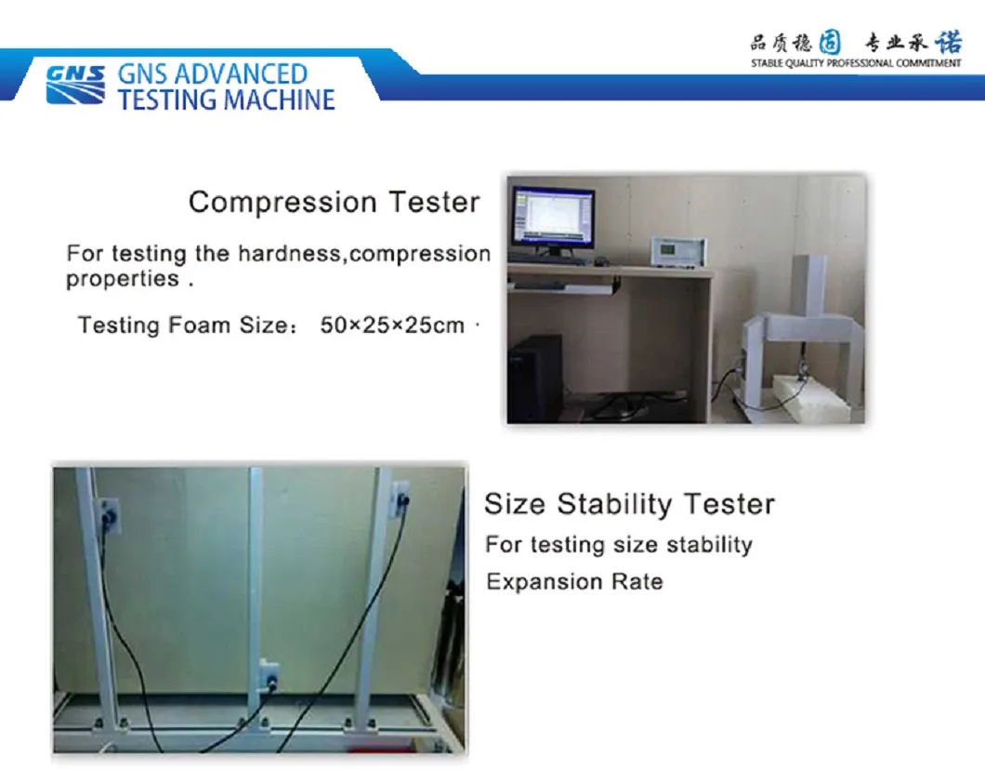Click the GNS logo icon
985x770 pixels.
click(75, 85)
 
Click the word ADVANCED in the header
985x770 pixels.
click(240, 74)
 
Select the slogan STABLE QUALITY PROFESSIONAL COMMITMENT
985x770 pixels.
click(856, 63)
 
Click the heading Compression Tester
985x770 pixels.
click(335, 203)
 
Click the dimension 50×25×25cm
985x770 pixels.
click(393, 325)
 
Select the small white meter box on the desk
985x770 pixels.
click(678, 252)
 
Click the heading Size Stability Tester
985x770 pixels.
click(630, 504)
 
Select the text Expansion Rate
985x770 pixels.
click(575, 581)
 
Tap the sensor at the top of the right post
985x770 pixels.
click(401, 500)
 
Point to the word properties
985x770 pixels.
click(123, 279)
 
